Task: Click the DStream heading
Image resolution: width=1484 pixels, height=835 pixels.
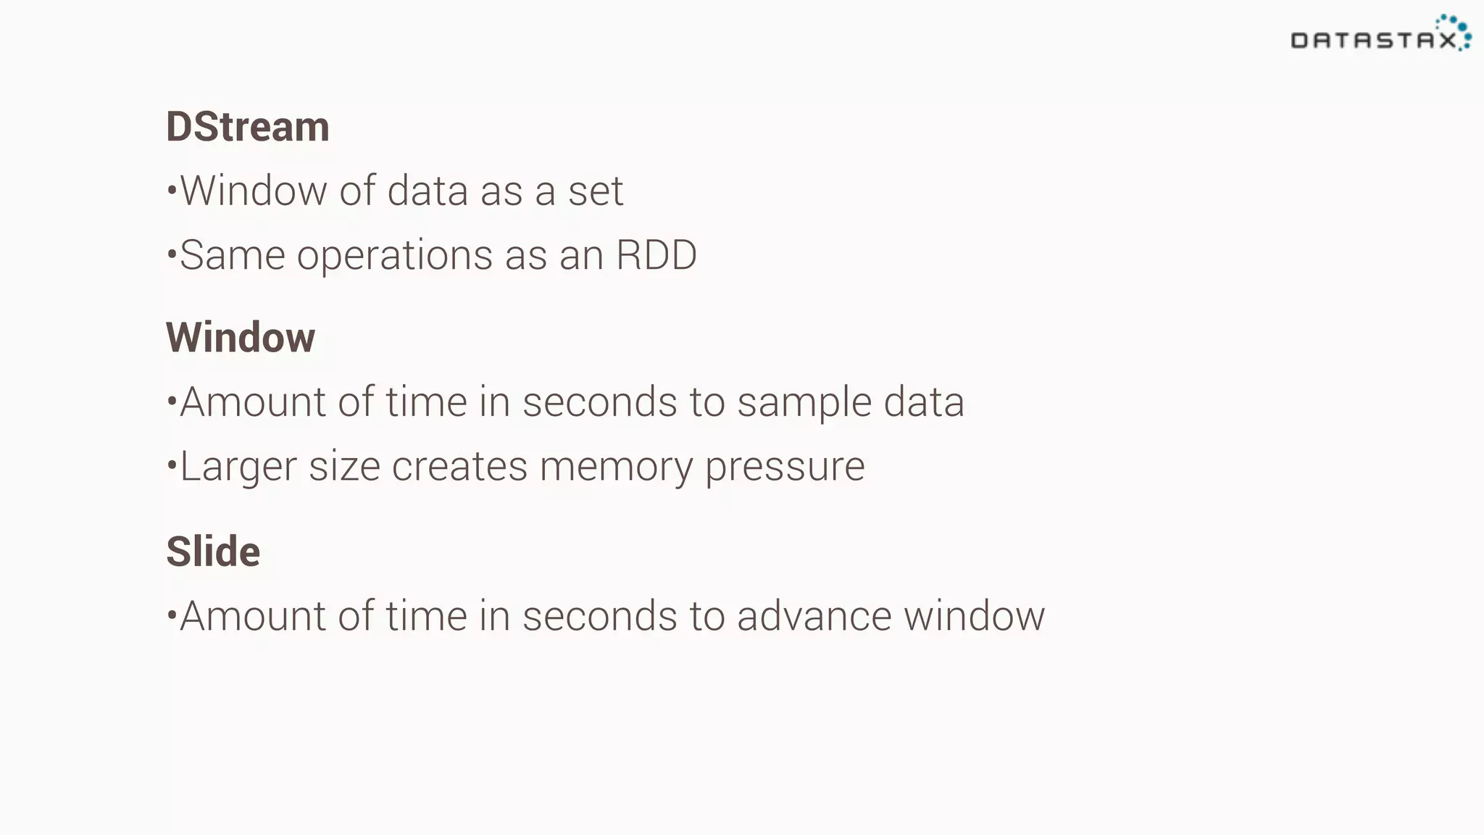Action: pyautogui.click(x=248, y=127)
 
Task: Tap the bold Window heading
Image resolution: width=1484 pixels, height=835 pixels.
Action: pyautogui.click(x=241, y=338)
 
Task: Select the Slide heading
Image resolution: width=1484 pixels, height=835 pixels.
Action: pyautogui.click(x=213, y=552)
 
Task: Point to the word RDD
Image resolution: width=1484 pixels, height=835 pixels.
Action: pyautogui.click(x=656, y=255)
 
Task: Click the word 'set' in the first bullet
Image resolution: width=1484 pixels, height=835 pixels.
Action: pyautogui.click(x=596, y=191)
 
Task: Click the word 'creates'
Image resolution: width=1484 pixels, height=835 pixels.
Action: pyautogui.click(x=459, y=466)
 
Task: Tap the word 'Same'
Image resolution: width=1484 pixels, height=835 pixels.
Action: pyautogui.click(x=232, y=255)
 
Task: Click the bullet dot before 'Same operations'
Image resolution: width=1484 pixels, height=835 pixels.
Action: pyautogui.click(x=172, y=254)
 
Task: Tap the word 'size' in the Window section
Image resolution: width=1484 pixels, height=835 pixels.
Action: pyautogui.click(x=344, y=466)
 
